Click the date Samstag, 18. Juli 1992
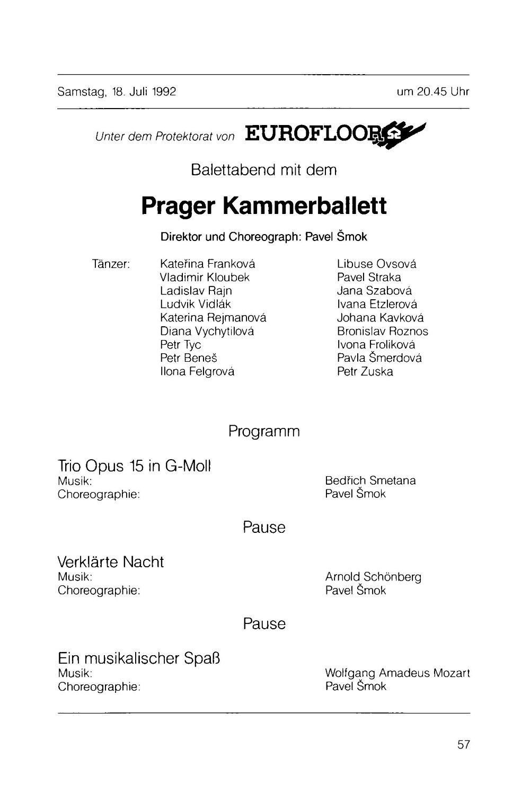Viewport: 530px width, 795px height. tap(117, 92)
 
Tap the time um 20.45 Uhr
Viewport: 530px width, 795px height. tap(432, 92)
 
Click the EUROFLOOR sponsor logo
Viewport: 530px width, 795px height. tap(334, 135)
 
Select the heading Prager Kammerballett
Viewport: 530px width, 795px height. tap(264, 206)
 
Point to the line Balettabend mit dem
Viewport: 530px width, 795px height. tap(263, 170)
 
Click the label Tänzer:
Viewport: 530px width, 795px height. tap(111, 264)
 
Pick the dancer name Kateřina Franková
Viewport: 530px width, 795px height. tap(207, 264)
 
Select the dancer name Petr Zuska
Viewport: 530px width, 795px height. tap(365, 371)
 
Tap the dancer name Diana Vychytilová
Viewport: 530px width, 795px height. tap(207, 332)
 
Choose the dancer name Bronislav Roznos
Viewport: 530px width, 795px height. tap(382, 332)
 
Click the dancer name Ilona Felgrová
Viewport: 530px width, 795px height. tap(197, 371)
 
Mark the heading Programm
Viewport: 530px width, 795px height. tap(264, 432)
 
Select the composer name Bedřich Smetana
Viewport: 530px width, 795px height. tap(370, 481)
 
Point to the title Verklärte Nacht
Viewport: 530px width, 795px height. tap(111, 562)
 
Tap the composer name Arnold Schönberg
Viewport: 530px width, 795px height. tap(373, 577)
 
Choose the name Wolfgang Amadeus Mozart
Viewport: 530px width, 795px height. tap(397, 673)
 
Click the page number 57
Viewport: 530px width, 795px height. tap(463, 745)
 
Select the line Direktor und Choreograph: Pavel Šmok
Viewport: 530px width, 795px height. tap(263, 237)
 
